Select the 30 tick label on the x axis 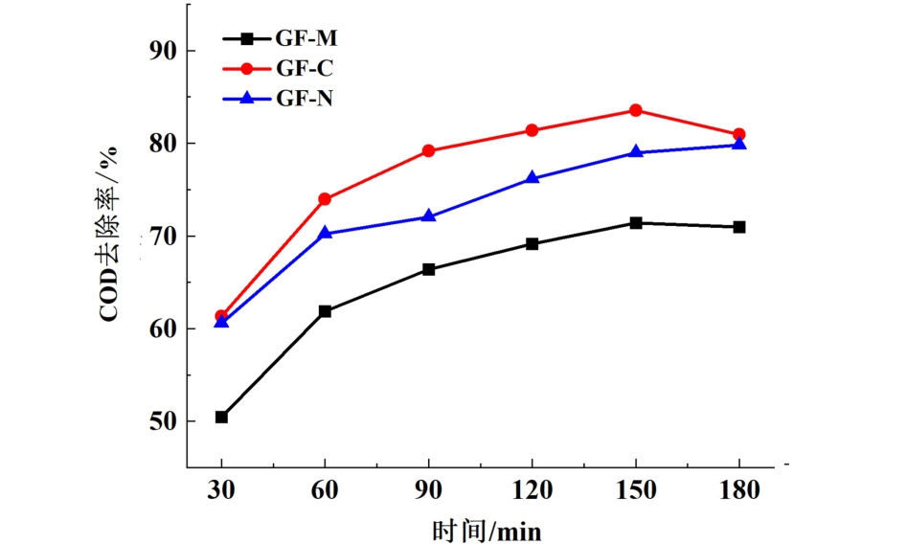coord(221,490)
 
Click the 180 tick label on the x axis coord(739,490)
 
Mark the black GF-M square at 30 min coord(221,418)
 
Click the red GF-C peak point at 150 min coord(635,110)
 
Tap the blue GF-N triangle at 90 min coord(428,216)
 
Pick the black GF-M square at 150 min coord(635,223)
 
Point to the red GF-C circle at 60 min coord(325,199)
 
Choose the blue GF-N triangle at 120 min coord(532,178)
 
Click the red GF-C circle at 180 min coord(739,135)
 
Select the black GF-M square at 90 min coord(428,270)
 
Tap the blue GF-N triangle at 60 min coord(325,233)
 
